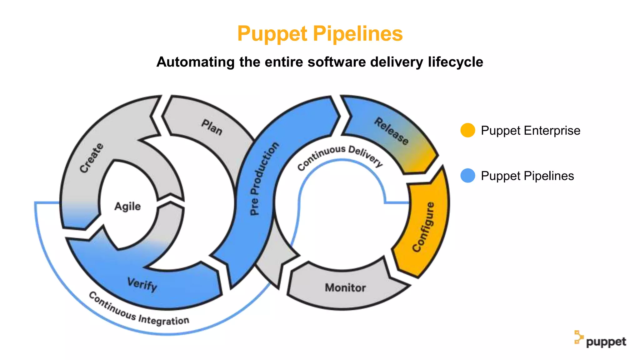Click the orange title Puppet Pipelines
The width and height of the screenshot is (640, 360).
click(320, 34)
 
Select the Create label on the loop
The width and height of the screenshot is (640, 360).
click(91, 157)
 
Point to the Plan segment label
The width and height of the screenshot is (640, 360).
click(212, 127)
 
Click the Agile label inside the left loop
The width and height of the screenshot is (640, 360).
click(127, 206)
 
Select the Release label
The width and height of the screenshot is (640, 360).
click(392, 131)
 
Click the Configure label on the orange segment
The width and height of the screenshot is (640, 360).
click(423, 227)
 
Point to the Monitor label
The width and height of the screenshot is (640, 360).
click(345, 287)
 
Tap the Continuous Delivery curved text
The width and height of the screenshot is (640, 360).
click(340, 157)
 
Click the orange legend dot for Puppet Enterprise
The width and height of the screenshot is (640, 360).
click(468, 130)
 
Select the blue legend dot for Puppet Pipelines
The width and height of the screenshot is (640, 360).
click(468, 176)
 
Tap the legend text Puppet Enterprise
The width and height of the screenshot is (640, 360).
click(530, 130)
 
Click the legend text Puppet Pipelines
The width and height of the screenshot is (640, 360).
click(527, 176)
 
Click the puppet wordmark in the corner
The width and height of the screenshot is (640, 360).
click(606, 342)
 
